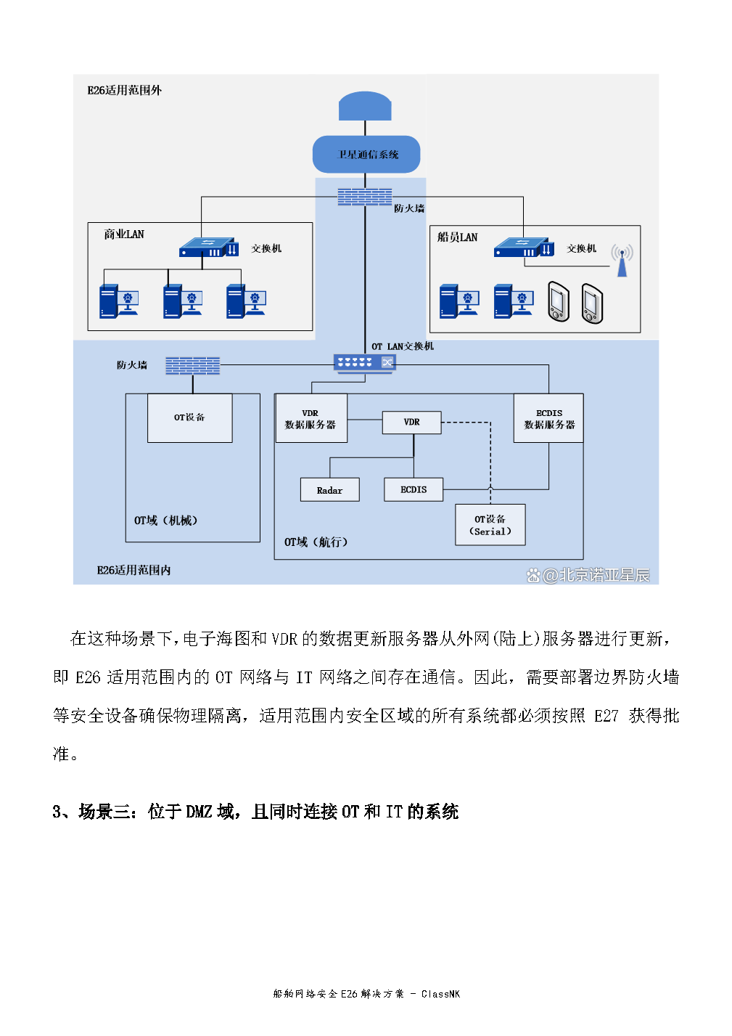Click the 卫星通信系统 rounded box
[x=366, y=154]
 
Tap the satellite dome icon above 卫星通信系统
[x=365, y=106]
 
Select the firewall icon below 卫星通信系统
[x=364, y=197]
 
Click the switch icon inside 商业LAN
[x=208, y=248]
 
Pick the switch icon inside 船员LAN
[x=523, y=248]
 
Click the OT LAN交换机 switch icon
[x=364, y=362]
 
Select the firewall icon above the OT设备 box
[x=192, y=365]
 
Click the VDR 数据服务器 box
[x=311, y=418]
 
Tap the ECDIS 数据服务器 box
[x=548, y=418]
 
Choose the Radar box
[x=329, y=490]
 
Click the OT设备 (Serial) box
[x=490, y=525]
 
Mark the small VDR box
[x=411, y=423]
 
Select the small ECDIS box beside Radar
[x=414, y=490]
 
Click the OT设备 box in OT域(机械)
[x=189, y=418]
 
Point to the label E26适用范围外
[x=124, y=90]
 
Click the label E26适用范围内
[x=133, y=571]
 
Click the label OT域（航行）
[x=316, y=542]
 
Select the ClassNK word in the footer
[x=440, y=994]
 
